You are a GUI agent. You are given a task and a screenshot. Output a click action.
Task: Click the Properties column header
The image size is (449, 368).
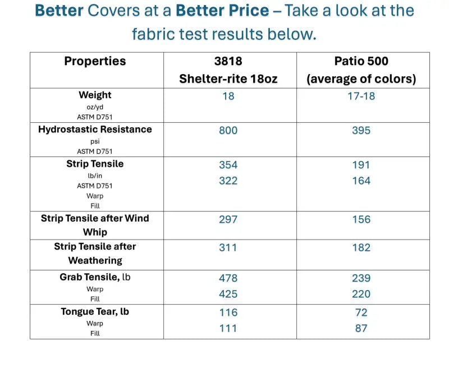95,62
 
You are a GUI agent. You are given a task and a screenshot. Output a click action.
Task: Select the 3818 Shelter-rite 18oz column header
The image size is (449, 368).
228,70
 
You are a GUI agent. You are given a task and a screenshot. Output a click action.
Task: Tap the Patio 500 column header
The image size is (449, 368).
361,70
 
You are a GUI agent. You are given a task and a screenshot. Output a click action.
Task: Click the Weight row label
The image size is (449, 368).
95,95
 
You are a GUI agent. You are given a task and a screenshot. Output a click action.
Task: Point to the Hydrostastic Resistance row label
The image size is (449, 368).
95,130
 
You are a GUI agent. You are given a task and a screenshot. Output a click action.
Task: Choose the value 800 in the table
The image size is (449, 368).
228,131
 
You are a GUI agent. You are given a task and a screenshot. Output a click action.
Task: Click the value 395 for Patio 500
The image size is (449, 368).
361,131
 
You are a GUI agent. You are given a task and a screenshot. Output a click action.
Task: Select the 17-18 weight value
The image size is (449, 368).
361,96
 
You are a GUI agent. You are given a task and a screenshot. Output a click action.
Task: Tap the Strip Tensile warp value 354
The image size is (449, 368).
228,165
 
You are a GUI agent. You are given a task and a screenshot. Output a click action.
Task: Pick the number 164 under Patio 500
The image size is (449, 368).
361,181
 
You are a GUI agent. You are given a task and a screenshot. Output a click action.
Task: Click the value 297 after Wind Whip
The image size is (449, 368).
228,219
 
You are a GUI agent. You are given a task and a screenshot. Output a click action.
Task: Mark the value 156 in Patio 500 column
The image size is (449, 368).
361,219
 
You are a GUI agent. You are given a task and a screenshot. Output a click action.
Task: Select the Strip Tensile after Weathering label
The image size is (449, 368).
95,254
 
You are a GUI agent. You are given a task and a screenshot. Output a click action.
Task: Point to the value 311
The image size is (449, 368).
228,247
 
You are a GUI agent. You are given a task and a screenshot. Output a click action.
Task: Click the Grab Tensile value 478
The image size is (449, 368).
228,278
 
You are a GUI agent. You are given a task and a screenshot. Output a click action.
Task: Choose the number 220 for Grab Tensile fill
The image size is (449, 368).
361,294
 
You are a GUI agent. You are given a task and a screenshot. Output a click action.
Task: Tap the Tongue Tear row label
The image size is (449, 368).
95,312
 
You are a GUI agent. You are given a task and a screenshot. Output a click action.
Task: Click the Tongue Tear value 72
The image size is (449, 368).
361,312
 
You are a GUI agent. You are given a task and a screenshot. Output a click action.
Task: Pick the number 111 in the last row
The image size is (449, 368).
228,328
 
